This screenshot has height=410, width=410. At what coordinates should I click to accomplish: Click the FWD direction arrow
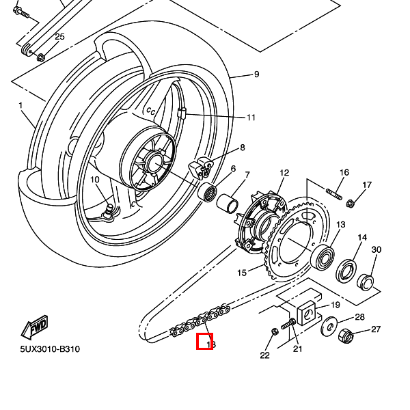pos(34,329)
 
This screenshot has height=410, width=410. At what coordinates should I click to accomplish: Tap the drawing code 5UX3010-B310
pos(49,349)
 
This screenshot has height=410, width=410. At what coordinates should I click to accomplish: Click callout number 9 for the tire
pos(256,74)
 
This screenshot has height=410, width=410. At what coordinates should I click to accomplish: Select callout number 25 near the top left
pos(59,36)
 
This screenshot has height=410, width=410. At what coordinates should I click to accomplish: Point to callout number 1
pos(20,106)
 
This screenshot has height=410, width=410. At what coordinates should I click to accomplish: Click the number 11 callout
pos(251,118)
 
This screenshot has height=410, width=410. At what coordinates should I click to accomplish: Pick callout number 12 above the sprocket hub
pos(284,173)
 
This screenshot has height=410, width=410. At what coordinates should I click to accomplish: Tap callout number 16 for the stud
pos(344,172)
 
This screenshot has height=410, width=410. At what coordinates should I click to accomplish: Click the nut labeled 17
pos(351,202)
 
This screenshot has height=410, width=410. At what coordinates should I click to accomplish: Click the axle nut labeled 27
pos(345,335)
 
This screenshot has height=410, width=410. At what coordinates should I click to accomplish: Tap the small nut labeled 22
pos(274,331)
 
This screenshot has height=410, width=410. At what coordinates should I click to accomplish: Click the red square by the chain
pos(204,342)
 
